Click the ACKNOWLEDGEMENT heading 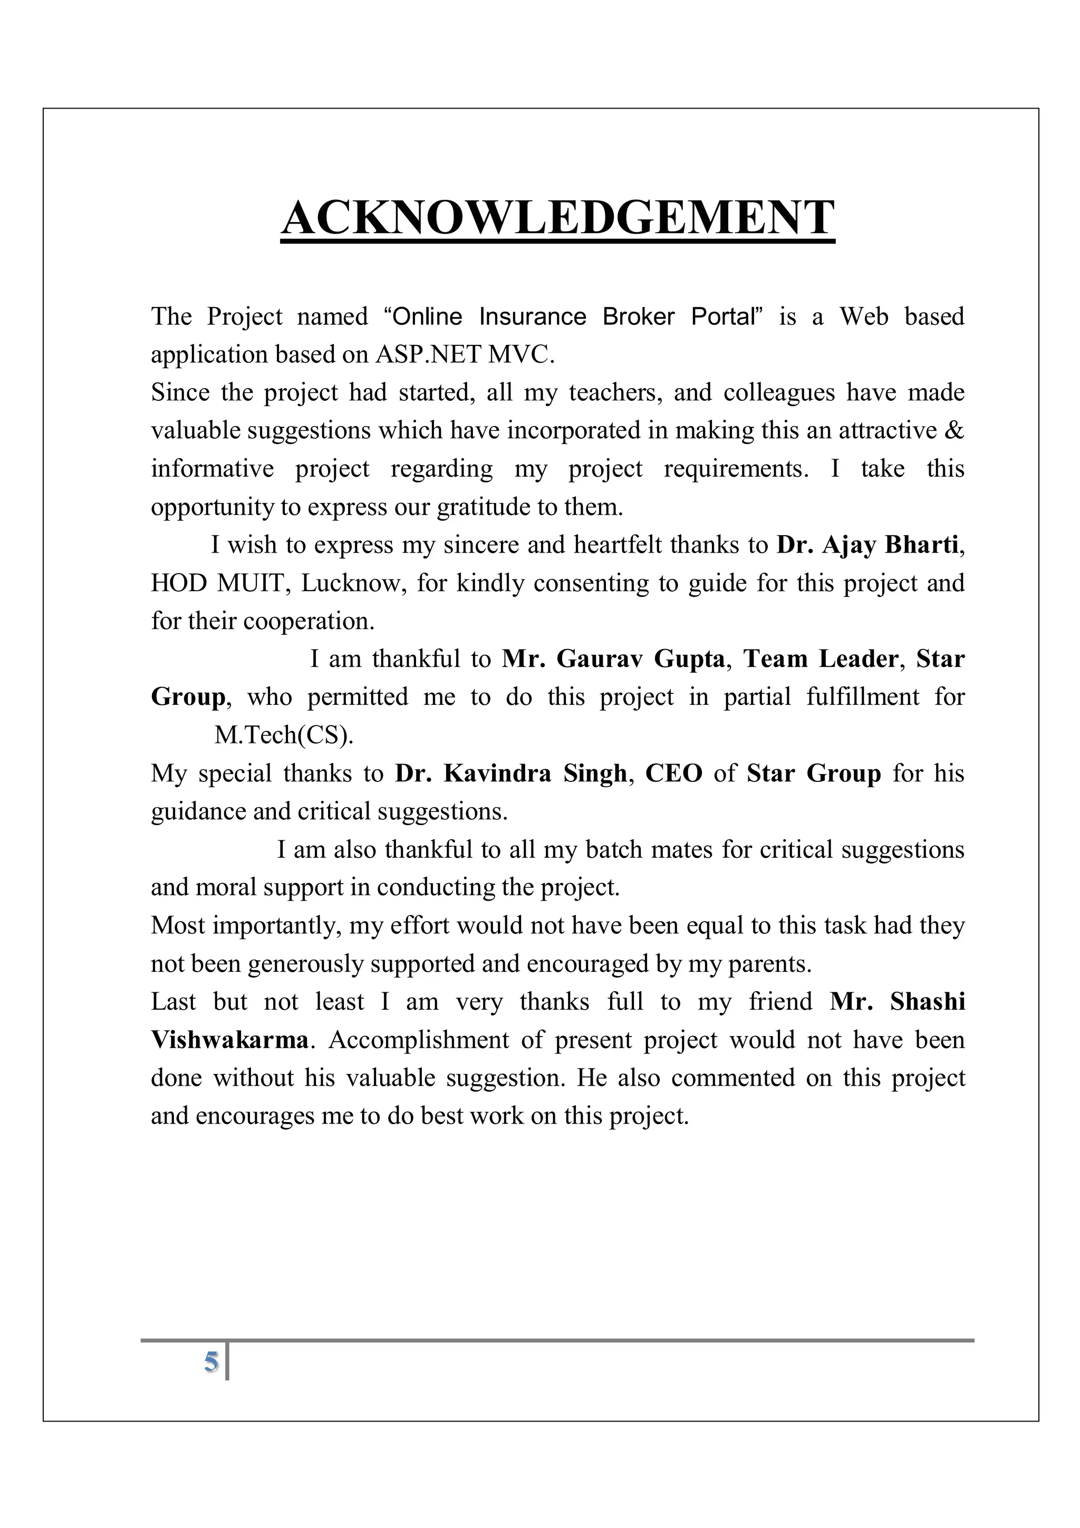[557, 218]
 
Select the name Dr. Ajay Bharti [867, 545]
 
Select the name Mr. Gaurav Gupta [613, 659]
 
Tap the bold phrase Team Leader [821, 659]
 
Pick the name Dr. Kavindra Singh [510, 773]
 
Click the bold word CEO [673, 773]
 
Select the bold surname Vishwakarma [229, 1040]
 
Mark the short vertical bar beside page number [228, 1361]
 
